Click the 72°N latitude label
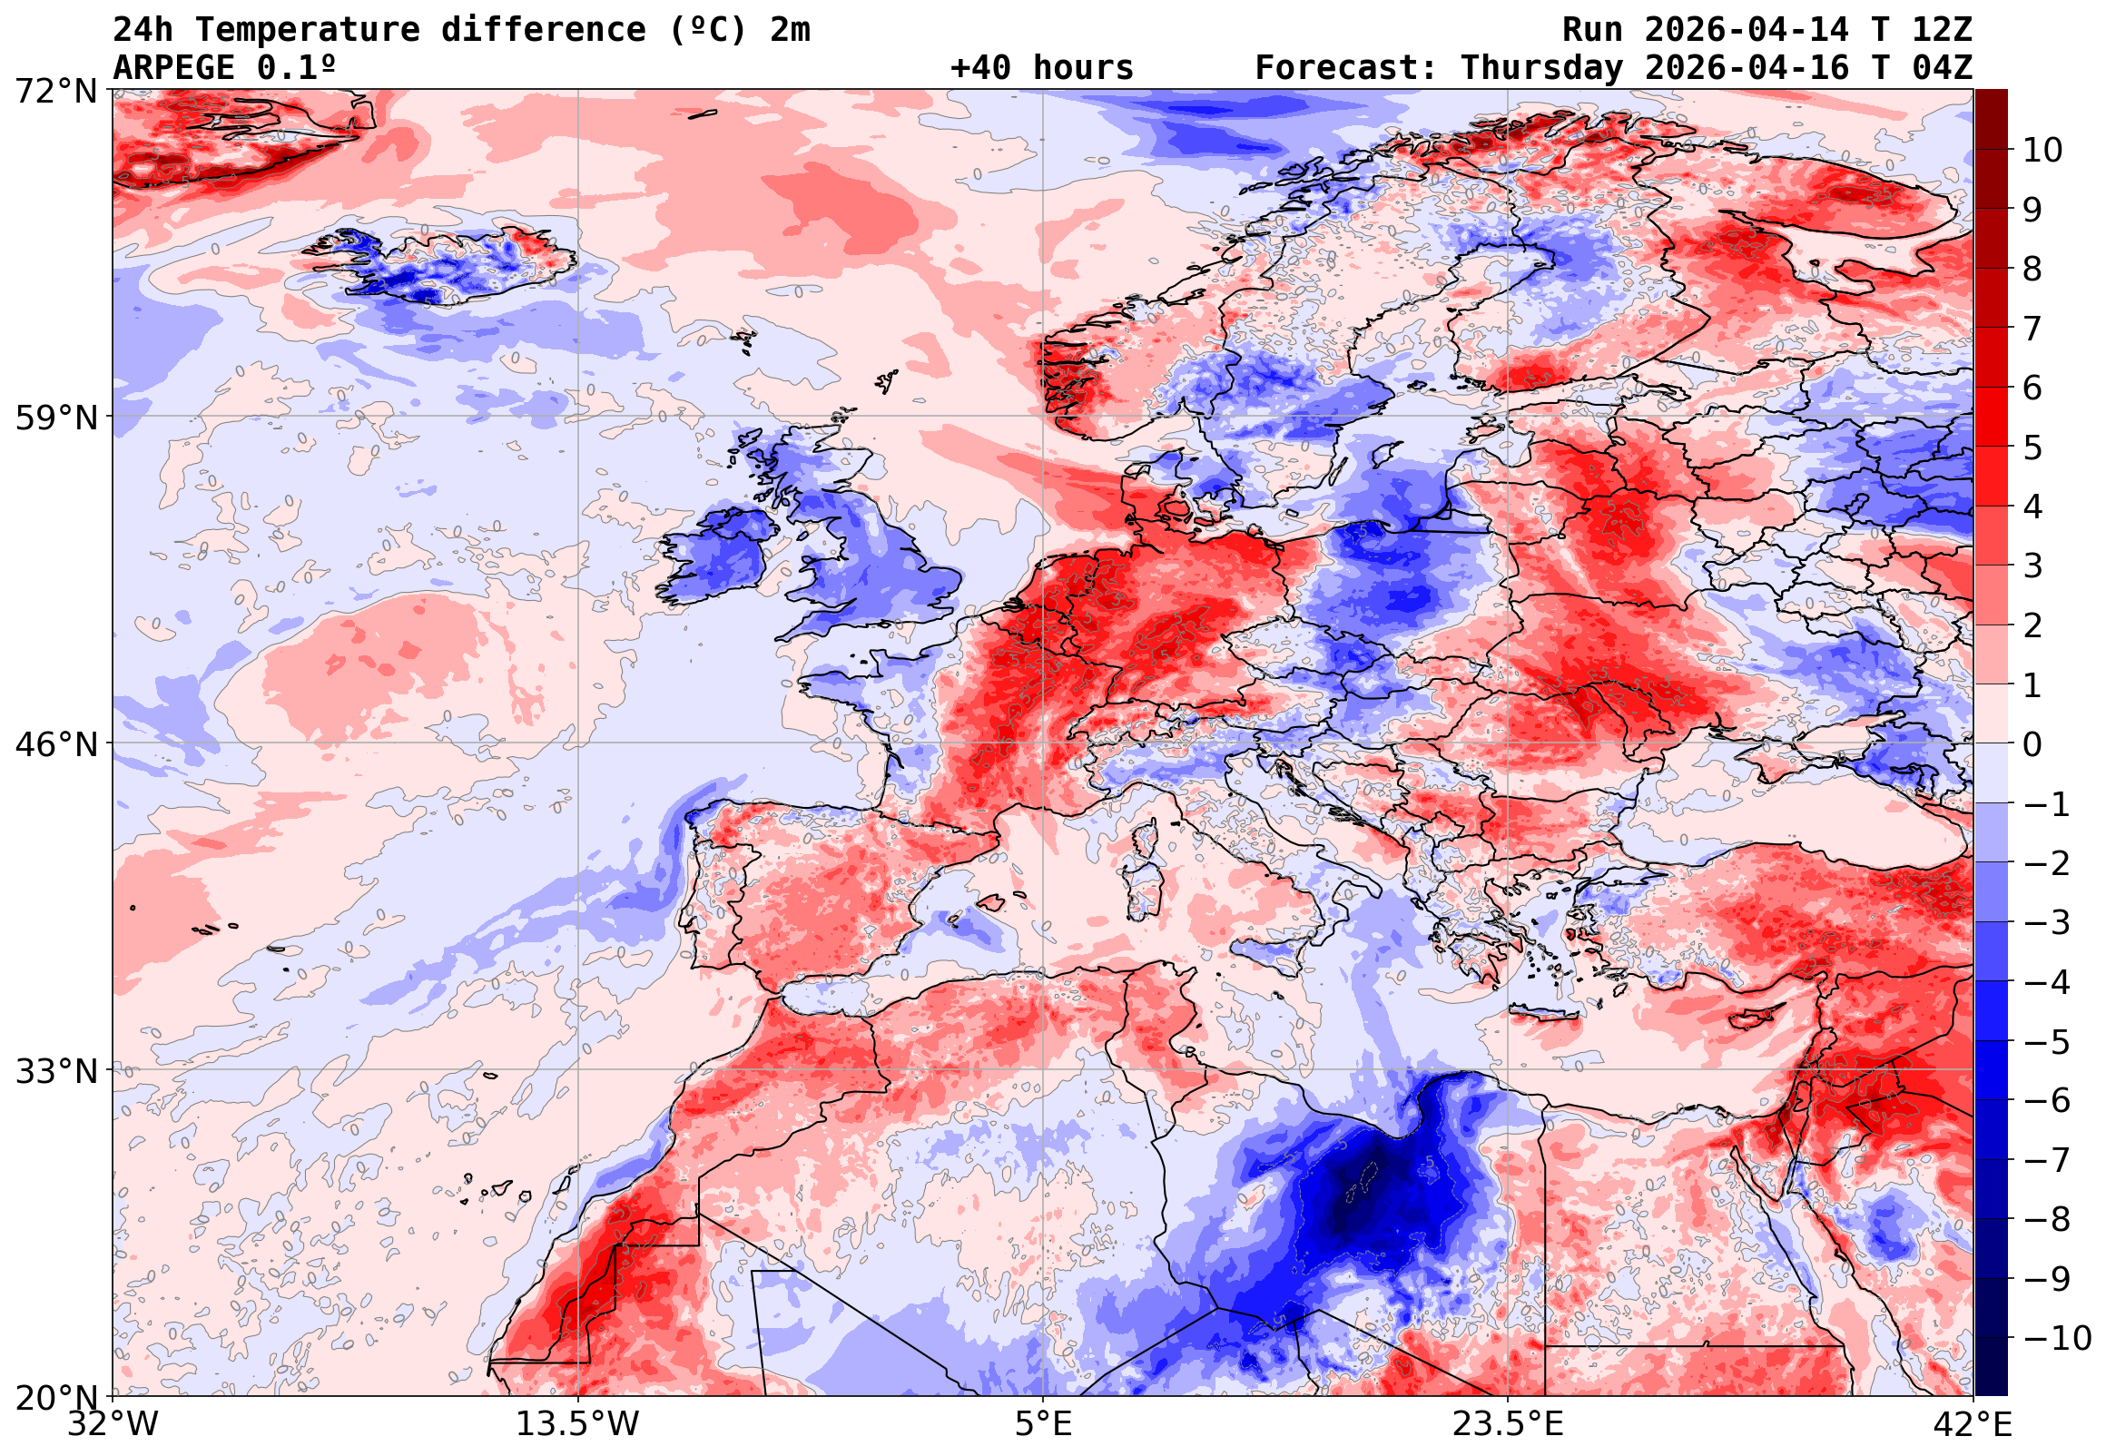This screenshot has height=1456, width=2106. pos(55,92)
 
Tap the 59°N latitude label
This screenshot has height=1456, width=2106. pos(55,418)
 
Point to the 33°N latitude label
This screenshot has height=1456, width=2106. pos(55,1070)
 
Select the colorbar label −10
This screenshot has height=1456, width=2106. pos(2056,1338)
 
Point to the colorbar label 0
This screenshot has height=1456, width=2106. pos(2032,744)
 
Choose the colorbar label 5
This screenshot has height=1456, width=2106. pos(2032,448)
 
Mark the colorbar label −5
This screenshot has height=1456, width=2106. pos(2046,1042)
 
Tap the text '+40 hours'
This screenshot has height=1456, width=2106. pos(1041,67)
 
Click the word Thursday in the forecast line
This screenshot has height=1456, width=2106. pos(1541,67)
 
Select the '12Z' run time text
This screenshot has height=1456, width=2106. pos(1942,29)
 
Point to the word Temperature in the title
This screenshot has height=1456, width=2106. pos(308,29)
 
